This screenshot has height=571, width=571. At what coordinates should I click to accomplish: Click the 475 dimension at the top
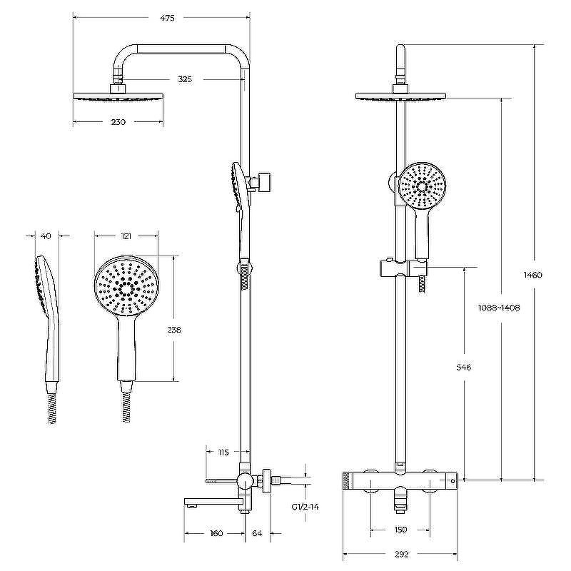[x=167, y=17]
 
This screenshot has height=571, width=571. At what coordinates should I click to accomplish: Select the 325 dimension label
[x=185, y=79]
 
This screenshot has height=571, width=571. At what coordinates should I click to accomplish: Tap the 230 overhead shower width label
[x=118, y=122]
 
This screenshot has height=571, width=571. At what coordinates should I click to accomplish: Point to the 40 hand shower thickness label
[x=46, y=236]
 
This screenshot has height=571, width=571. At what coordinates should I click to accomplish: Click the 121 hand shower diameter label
[x=126, y=236]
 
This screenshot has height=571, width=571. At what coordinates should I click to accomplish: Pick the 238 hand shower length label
[x=174, y=330]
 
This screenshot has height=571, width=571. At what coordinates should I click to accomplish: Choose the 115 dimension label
[x=223, y=453]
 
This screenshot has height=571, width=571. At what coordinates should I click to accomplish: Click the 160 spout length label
[x=216, y=533]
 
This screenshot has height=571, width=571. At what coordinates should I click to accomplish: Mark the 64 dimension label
[x=257, y=533]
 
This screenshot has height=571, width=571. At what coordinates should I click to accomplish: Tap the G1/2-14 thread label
[x=305, y=507]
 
